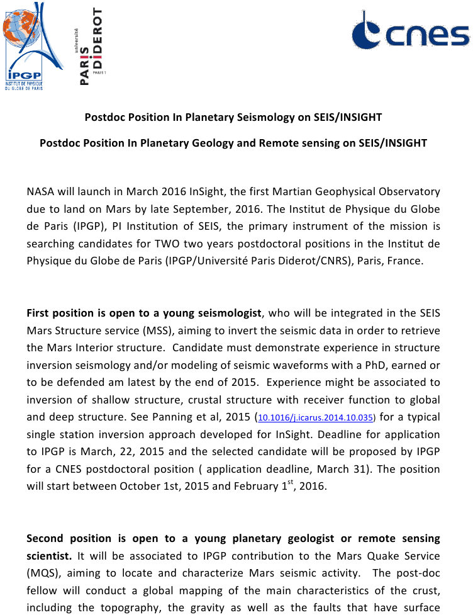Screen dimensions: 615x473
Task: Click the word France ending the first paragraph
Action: coord(406,261)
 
